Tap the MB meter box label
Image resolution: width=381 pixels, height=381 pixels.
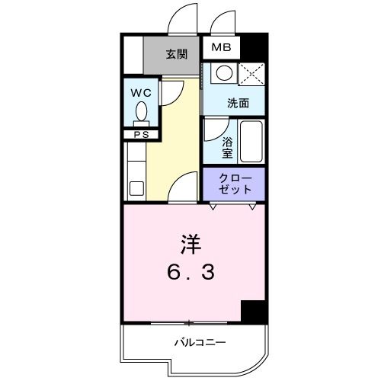tap(220, 48)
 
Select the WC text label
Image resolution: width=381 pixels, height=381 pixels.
tap(141, 93)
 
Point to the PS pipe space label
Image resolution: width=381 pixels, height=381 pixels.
tap(141, 135)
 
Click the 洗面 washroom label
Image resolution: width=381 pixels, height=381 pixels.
tap(238, 103)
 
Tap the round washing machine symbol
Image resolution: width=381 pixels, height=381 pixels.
tap(224, 74)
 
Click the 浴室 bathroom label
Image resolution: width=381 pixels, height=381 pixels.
tap(227, 147)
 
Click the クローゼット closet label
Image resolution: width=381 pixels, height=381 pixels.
tap(232, 183)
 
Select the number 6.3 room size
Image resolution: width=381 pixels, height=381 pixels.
tap(190, 271)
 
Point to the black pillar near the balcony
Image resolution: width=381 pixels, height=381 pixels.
tap(252, 311)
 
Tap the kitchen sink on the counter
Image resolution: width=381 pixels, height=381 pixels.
tap(137, 187)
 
